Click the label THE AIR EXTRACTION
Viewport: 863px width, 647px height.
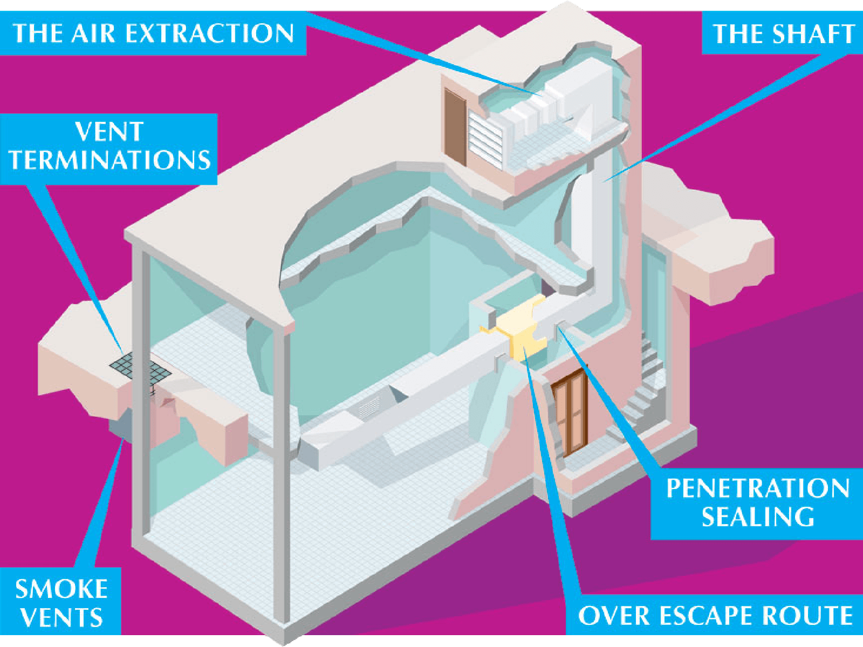pos(153,33)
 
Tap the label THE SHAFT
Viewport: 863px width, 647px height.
pos(783,33)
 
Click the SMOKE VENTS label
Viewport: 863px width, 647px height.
pos(60,603)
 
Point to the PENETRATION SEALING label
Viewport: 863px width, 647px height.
pos(757,502)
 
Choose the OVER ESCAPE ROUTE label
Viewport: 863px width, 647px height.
pos(715,615)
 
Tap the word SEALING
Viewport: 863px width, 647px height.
pos(758,517)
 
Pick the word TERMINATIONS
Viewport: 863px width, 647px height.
pos(109,161)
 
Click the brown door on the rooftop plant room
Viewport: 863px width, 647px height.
pos(455,127)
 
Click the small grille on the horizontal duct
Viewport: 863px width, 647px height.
pos(369,407)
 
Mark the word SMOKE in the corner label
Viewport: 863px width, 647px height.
pos(61,589)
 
